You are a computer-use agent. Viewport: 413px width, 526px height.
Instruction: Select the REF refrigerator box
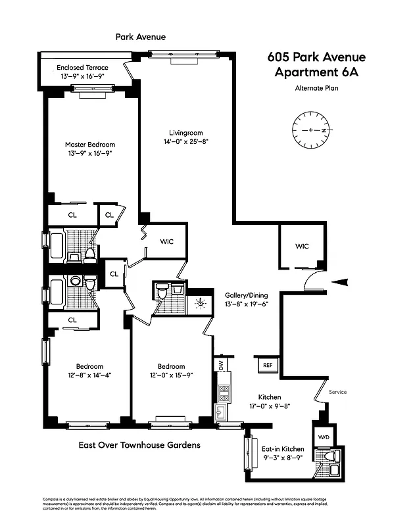point(268,365)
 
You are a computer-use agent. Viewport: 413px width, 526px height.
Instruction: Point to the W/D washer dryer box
point(324,435)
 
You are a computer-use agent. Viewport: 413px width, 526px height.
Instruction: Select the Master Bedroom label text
point(90,145)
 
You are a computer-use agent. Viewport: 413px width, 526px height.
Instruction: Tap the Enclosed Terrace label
point(82,68)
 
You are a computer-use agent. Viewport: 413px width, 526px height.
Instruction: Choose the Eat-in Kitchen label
point(283,448)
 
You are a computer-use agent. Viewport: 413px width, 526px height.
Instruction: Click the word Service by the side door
point(335,393)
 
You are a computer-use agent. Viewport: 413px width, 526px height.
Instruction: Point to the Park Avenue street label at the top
point(141,37)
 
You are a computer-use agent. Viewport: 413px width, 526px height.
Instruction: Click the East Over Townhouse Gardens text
point(139,445)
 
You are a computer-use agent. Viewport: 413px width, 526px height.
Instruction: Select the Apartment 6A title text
point(316,72)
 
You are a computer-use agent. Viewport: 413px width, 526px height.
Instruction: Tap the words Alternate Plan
point(316,88)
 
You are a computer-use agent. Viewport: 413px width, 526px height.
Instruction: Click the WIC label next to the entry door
point(302,247)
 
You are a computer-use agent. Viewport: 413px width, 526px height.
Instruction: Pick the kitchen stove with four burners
point(224,393)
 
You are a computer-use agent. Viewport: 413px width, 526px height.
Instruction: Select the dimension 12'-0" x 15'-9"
point(171,375)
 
